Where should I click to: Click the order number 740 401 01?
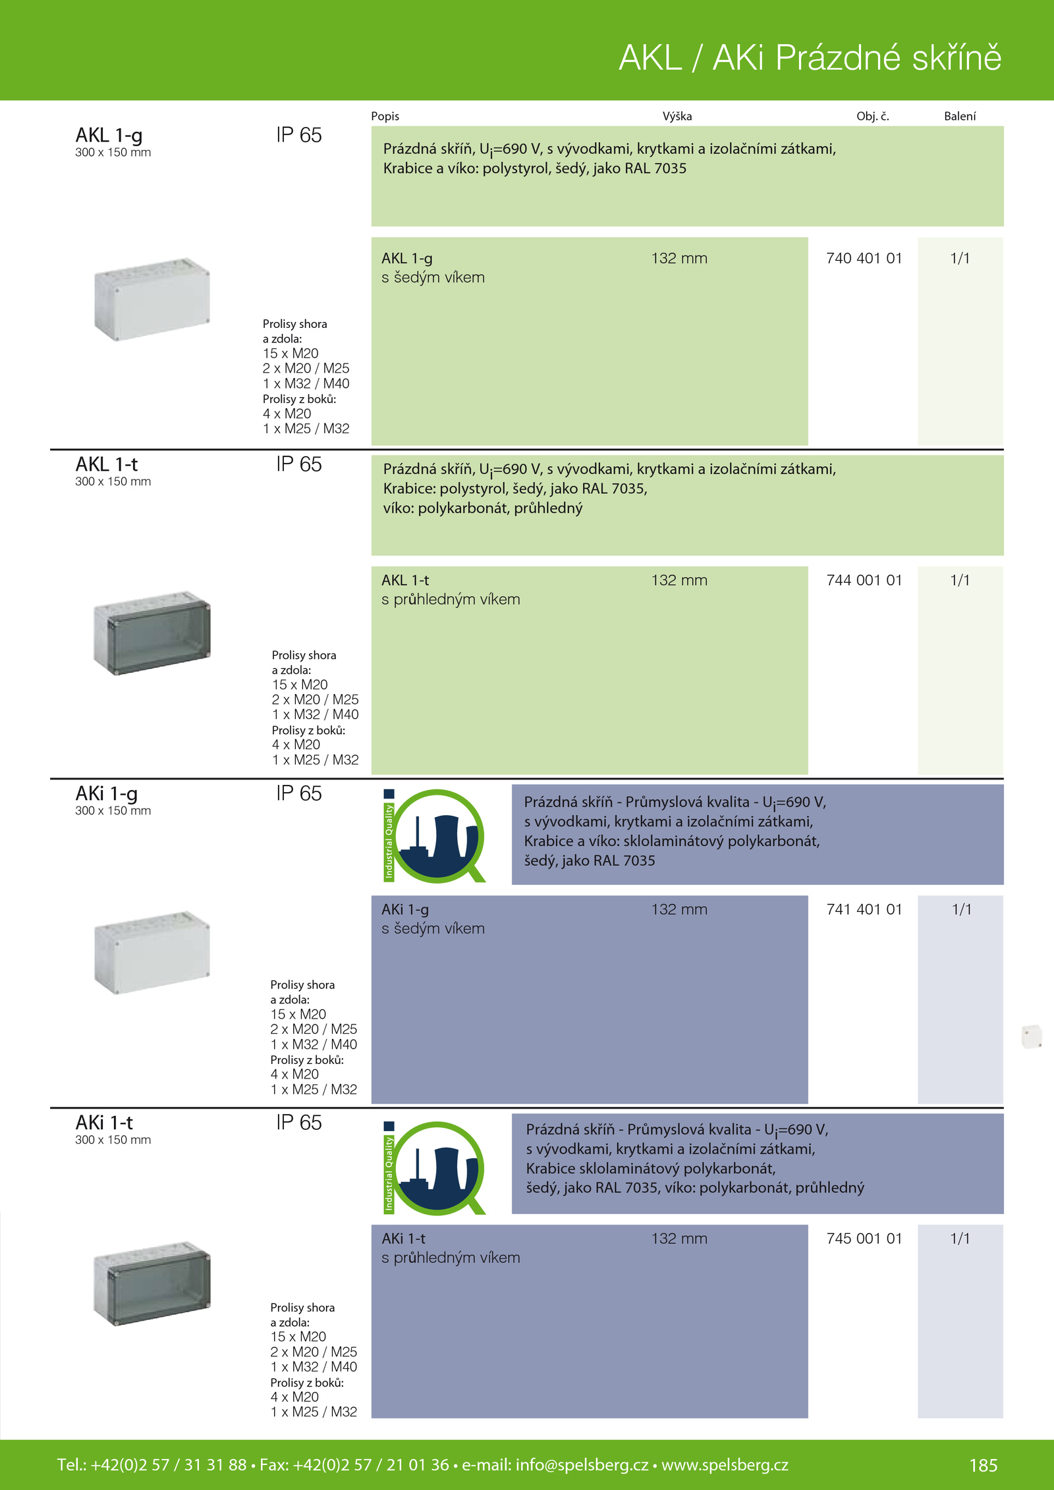(x=864, y=258)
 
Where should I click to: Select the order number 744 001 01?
(x=864, y=580)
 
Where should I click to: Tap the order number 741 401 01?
(x=864, y=909)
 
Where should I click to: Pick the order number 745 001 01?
(x=864, y=1238)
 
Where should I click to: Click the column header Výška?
(x=677, y=116)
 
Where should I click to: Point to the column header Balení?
(x=960, y=116)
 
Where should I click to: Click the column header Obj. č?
(x=873, y=116)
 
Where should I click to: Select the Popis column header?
(x=385, y=117)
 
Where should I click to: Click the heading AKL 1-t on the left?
(x=107, y=464)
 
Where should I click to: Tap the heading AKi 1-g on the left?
(x=107, y=794)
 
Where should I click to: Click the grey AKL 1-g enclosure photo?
(x=152, y=299)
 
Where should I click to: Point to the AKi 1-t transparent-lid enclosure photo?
(x=152, y=1283)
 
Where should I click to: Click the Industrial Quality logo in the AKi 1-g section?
(x=435, y=836)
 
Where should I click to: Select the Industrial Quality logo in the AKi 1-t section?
(x=435, y=1167)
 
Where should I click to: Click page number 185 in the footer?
(x=984, y=1465)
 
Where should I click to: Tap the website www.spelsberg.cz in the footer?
(x=725, y=1464)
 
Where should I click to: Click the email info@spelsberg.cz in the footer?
(x=582, y=1464)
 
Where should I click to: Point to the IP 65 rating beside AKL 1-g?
(x=299, y=135)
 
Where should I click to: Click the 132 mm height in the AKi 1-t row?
(x=679, y=1238)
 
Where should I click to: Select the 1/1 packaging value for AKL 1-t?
(x=960, y=580)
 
